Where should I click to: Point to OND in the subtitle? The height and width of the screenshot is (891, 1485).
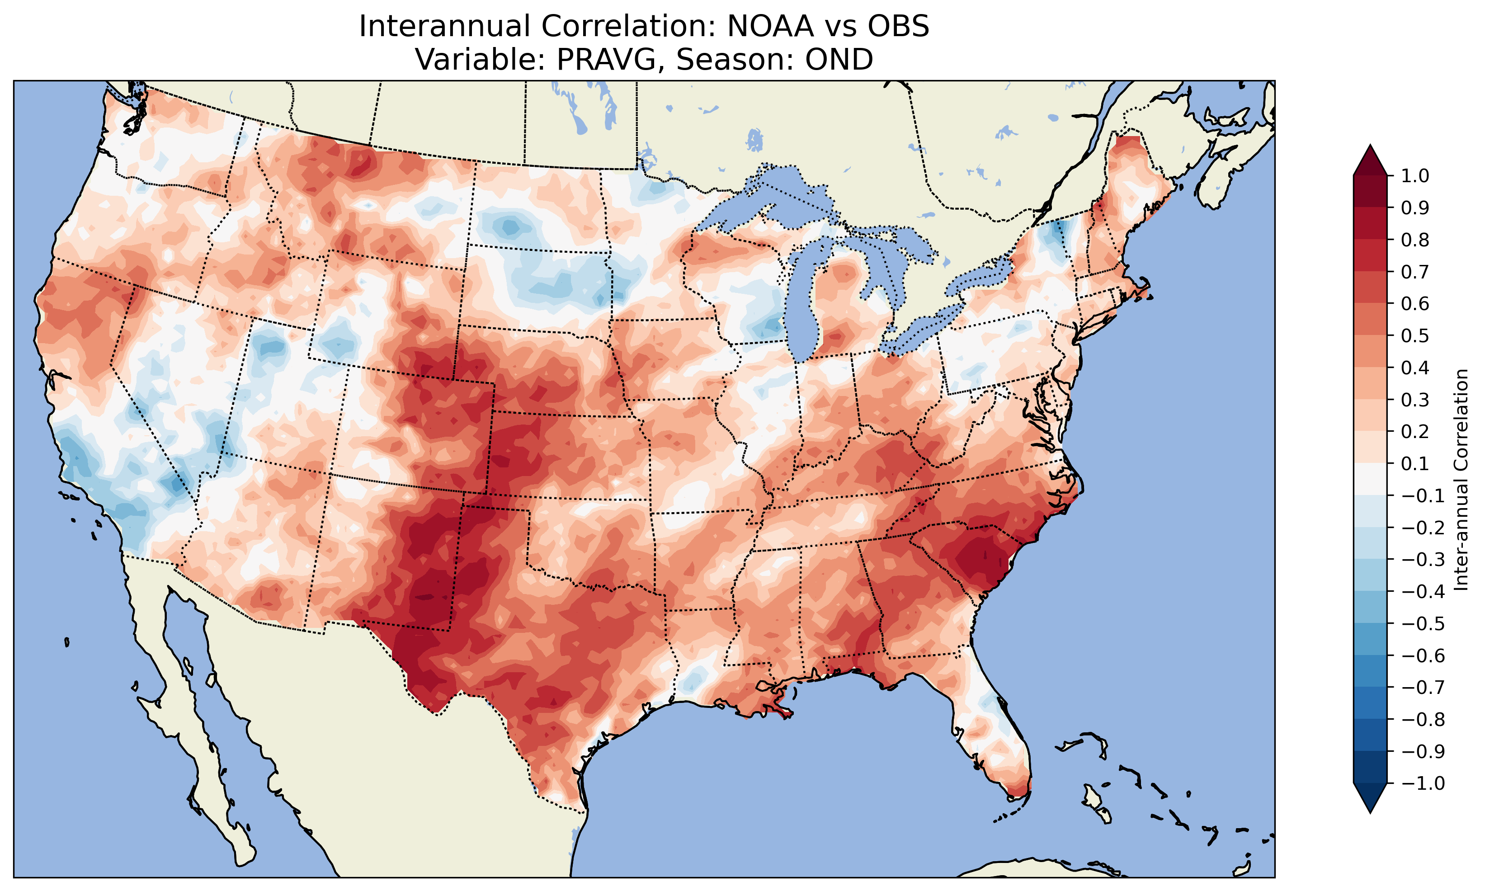point(839,59)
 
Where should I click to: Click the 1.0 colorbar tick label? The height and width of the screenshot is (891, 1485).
point(1415,176)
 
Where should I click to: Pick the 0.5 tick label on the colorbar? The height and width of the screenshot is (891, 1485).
point(1415,335)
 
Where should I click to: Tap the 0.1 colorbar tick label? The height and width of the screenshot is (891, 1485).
point(1415,463)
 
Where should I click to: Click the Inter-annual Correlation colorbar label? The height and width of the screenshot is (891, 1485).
point(1461,480)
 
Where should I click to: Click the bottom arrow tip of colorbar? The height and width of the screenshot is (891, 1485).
point(1370,812)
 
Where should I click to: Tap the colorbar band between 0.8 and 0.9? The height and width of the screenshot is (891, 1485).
point(1370,224)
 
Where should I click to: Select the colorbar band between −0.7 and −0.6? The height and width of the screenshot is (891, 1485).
point(1370,671)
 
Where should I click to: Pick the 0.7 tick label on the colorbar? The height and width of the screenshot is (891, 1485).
point(1415,272)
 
